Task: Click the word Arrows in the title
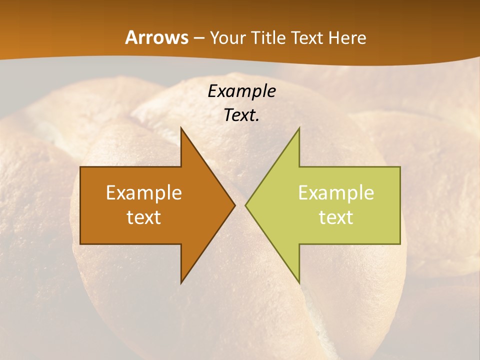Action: (156, 37)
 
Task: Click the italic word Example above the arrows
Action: (241, 91)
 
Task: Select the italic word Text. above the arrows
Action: (241, 115)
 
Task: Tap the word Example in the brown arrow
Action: (144, 193)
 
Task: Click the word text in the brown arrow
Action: (144, 217)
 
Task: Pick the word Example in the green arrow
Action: (336, 193)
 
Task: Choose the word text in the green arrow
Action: (336, 217)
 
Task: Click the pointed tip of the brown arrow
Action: (235, 205)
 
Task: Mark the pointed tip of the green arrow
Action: (245, 205)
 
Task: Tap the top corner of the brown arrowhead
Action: (181, 127)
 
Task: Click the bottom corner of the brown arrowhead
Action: (181, 283)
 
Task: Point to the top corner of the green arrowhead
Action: (299, 127)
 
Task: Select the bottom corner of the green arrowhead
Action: (299, 283)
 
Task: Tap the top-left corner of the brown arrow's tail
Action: (80, 167)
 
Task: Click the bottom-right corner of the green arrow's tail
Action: (400, 244)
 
